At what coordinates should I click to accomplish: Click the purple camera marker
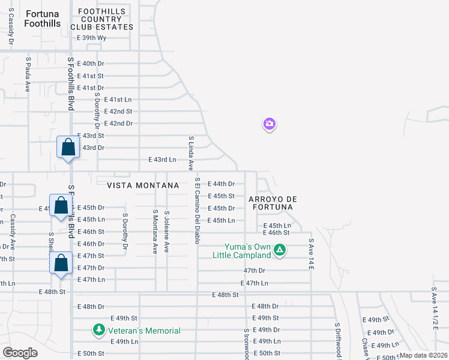(270, 124)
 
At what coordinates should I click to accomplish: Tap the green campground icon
(279, 250)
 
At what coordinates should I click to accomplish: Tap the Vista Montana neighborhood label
(143, 185)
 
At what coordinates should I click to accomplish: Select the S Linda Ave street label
(191, 152)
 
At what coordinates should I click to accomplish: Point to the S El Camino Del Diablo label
(196, 211)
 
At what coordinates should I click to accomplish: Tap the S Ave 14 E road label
(312, 255)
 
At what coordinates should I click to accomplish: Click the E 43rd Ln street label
(162, 160)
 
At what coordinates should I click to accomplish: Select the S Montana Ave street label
(155, 231)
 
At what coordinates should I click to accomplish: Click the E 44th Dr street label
(221, 184)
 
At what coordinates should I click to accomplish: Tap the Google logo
(20, 353)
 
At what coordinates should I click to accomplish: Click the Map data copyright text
(424, 355)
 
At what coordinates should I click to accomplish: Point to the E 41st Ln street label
(117, 100)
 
